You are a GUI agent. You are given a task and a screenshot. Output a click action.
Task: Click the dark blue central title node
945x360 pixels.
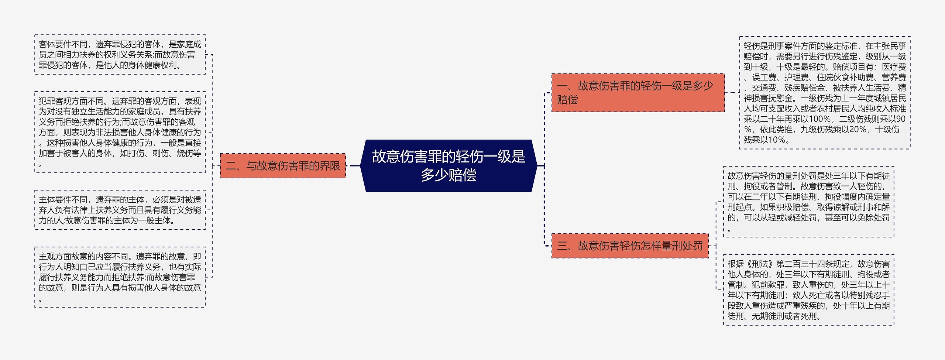tap(449, 166)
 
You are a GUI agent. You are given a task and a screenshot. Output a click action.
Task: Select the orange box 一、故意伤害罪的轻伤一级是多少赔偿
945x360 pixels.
tap(638, 93)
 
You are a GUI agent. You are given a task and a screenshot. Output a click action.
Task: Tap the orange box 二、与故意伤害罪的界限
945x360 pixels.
tap(283, 166)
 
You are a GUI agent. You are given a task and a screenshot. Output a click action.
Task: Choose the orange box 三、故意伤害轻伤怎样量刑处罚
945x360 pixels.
tap(630, 246)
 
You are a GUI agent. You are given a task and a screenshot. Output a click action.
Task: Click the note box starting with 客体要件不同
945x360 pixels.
tap(120, 55)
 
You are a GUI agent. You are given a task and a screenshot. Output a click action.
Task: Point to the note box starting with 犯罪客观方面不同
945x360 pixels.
tap(120, 132)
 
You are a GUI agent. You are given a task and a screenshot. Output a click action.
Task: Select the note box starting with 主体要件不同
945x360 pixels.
tap(120, 210)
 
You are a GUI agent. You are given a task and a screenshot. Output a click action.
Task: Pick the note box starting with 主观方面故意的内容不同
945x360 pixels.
tap(120, 277)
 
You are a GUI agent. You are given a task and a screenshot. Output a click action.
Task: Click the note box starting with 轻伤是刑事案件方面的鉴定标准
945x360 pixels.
tap(825, 93)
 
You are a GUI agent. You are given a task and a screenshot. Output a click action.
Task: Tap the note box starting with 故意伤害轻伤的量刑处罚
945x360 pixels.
tap(808, 202)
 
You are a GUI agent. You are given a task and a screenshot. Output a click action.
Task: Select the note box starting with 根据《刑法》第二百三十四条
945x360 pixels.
tap(808, 290)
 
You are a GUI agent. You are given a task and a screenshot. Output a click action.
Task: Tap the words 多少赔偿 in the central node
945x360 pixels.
tap(449, 175)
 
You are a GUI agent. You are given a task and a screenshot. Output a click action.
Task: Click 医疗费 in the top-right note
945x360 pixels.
tap(894, 67)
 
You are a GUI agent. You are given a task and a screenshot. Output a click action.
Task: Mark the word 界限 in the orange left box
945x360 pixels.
tap(330, 166)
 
